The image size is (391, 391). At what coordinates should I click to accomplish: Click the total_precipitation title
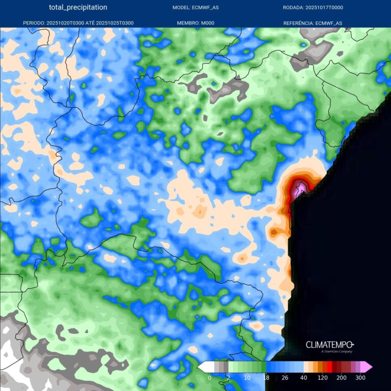[78, 8]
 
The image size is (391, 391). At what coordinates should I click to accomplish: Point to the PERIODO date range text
[78, 23]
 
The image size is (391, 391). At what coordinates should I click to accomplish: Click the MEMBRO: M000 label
[196, 23]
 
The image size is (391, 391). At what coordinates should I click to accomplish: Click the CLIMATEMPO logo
[329, 345]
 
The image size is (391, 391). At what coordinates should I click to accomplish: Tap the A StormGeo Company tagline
[337, 351]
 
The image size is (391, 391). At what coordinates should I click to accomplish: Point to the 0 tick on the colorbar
[210, 378]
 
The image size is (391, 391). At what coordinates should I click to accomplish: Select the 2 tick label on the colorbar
[228, 378]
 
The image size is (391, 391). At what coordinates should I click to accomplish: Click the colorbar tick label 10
[247, 378]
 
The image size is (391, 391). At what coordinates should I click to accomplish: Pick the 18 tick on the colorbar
[266, 378]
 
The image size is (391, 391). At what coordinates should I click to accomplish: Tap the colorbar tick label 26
[285, 378]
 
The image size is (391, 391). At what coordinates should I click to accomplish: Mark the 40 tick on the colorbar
[304, 378]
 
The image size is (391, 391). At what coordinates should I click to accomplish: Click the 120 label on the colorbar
[323, 378]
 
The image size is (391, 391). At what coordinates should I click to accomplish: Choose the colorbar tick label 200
[342, 378]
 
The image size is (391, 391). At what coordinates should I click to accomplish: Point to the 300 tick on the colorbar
[360, 378]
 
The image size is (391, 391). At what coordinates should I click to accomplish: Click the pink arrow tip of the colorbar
[369, 367]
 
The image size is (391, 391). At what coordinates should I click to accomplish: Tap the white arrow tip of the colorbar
[201, 367]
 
